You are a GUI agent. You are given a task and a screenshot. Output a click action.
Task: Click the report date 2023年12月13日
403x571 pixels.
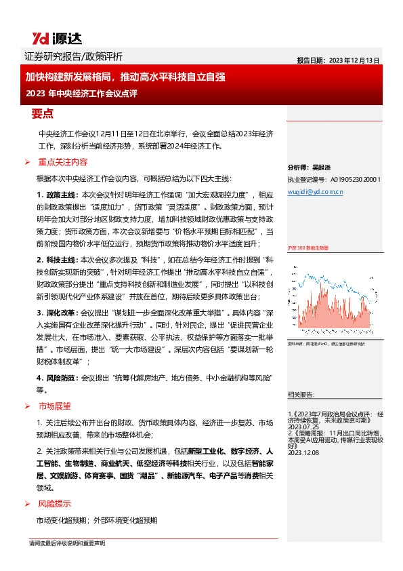(x=337, y=59)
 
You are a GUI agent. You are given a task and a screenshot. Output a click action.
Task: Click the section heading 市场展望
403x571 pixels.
(x=54, y=406)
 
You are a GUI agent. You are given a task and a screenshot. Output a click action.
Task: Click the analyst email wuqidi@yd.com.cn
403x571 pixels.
(x=316, y=192)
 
